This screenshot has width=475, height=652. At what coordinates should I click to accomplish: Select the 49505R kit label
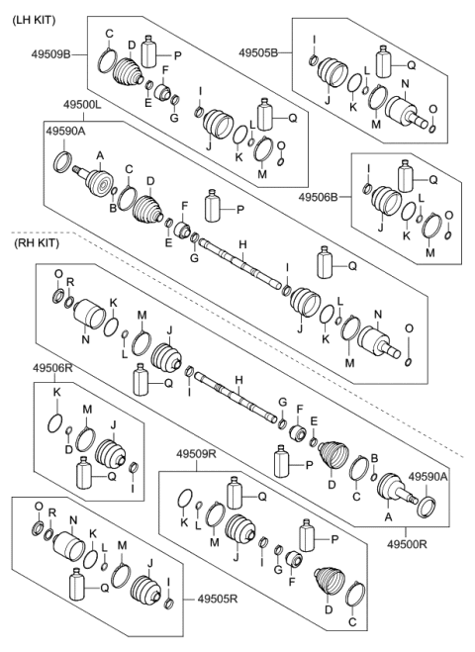pos(219,599)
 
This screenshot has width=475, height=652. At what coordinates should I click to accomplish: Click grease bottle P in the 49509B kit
pos(150,51)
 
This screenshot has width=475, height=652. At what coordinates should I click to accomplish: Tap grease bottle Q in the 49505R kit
pos(79,584)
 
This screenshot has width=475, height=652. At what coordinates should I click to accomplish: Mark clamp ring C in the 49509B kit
pos(105,62)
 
